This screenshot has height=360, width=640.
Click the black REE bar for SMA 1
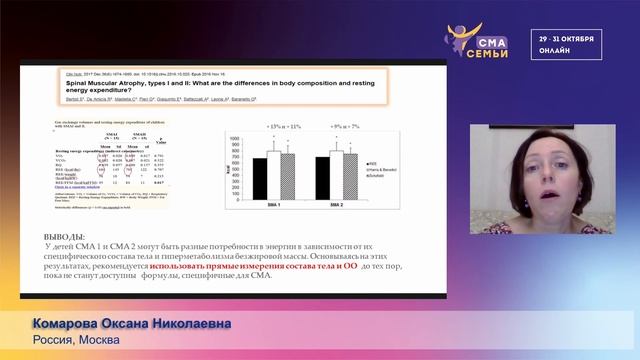(x=259, y=175)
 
